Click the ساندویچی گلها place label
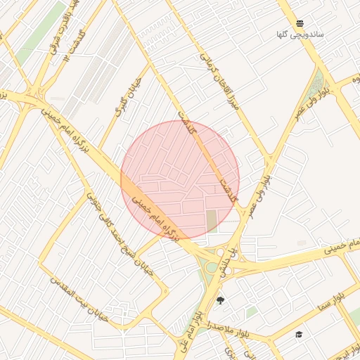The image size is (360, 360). [x=300, y=34]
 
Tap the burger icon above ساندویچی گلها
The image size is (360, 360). [x=300, y=22]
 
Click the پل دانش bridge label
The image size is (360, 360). [x=226, y=261]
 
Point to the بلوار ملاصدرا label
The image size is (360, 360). [x=229, y=328]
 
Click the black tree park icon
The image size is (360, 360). [x=221, y=301]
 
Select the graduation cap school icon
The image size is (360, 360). [x=299, y=335]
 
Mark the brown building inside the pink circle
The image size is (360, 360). [x=212, y=221]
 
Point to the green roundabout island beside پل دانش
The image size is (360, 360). [x=212, y=267]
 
